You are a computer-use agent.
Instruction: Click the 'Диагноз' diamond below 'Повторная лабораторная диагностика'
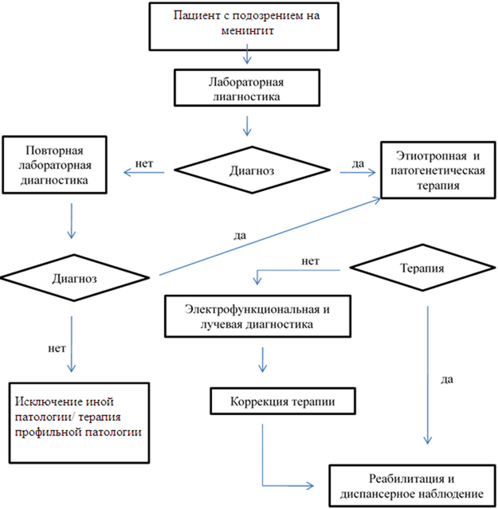click(75, 279)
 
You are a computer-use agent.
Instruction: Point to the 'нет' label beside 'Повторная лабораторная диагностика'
click(144, 164)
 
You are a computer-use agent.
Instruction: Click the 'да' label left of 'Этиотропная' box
click(358, 164)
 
